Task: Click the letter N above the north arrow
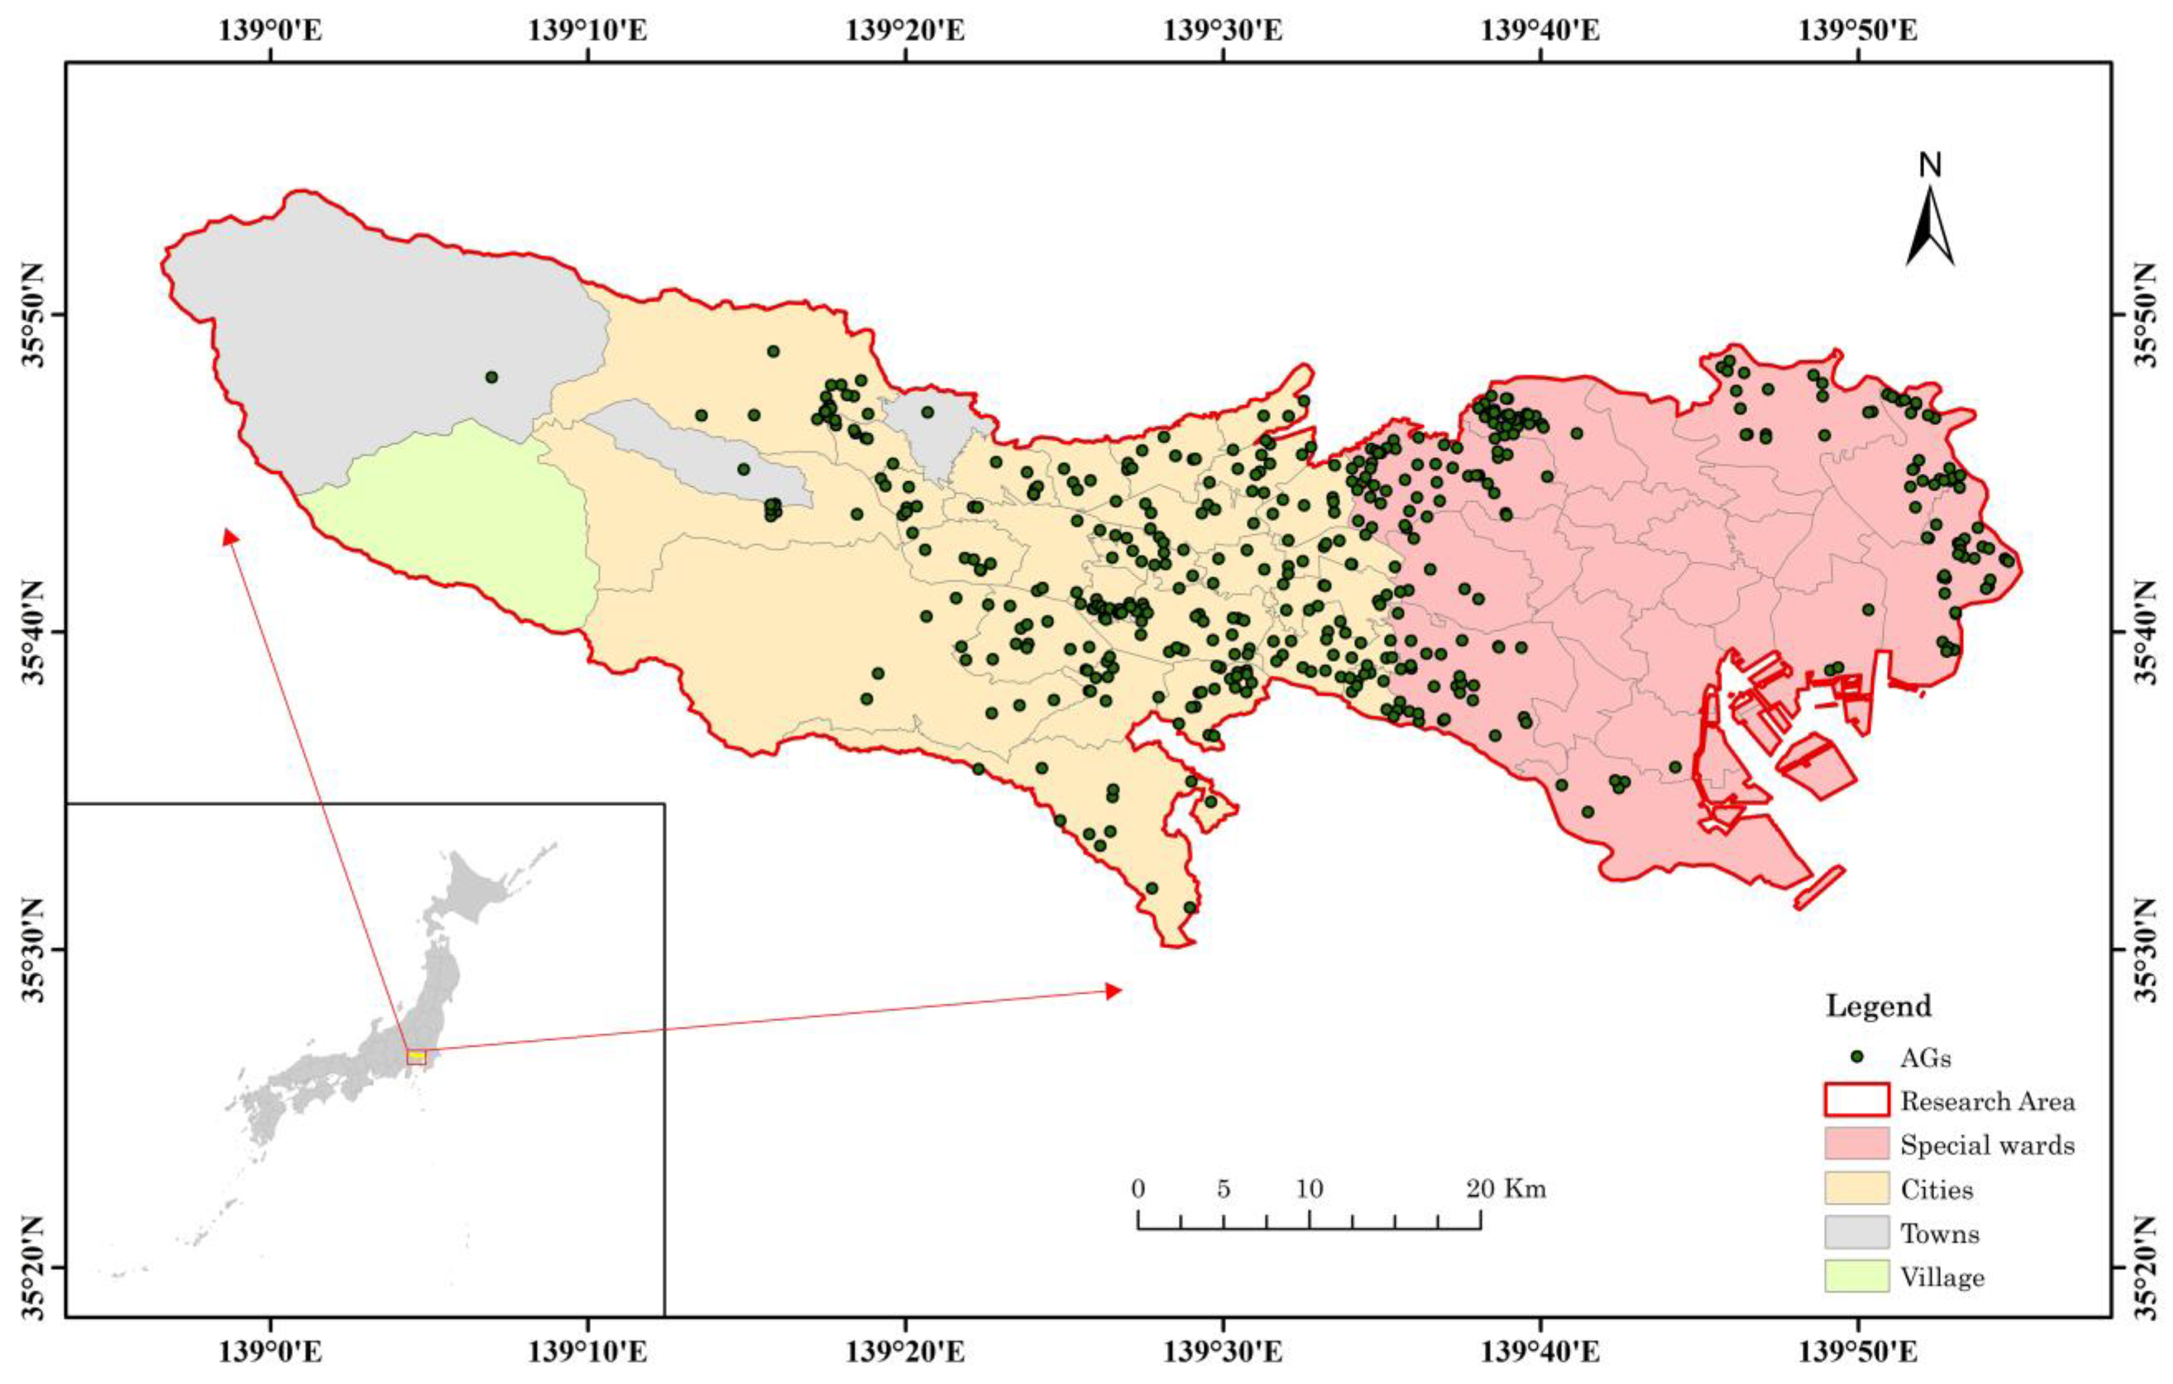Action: pyautogui.click(x=1929, y=165)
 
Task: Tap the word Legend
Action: pyautogui.click(x=1878, y=1006)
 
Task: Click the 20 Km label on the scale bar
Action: pyautogui.click(x=1505, y=1189)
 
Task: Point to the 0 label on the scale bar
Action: pyautogui.click(x=1138, y=1189)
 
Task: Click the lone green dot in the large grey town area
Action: pyautogui.click(x=491, y=377)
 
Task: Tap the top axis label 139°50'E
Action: pyautogui.click(x=1858, y=30)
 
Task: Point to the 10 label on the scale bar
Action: pyautogui.click(x=1310, y=1189)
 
